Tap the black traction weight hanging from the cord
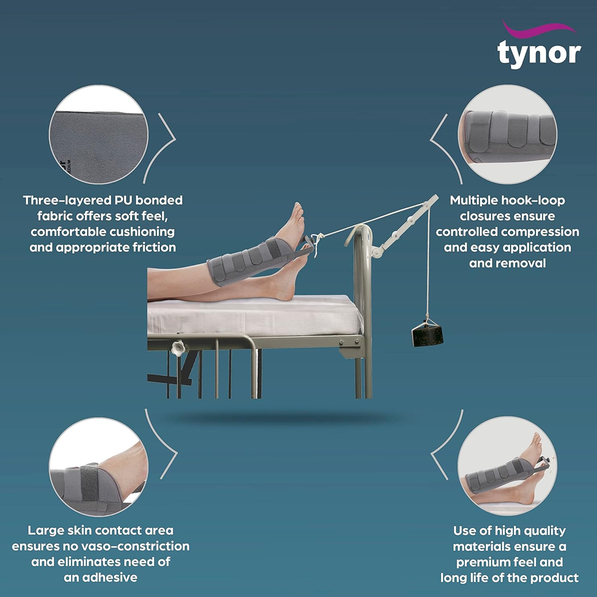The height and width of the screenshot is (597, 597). (427, 334)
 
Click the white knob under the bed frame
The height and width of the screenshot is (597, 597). (178, 348)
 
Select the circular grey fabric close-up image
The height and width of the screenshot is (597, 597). (99, 134)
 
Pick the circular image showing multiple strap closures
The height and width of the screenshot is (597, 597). (507, 134)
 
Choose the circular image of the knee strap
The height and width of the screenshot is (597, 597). (99, 467)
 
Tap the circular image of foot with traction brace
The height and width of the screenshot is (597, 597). (507, 466)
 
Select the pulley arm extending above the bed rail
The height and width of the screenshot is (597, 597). (405, 226)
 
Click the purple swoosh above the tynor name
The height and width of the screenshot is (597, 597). (538, 28)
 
